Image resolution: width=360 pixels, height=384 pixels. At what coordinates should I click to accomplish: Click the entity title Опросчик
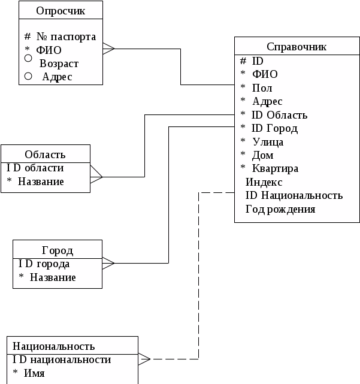pyautogui.click(x=60, y=11)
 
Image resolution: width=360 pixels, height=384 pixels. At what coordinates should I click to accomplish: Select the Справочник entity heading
pyautogui.click(x=297, y=47)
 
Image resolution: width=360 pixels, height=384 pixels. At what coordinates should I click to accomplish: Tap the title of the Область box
pyautogui.click(x=45, y=155)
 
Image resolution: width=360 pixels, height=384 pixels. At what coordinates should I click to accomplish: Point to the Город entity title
pyautogui.click(x=58, y=250)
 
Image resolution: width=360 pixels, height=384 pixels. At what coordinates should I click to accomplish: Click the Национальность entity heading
pyautogui.click(x=54, y=346)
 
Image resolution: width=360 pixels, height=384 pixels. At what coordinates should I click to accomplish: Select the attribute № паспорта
pyautogui.click(x=66, y=37)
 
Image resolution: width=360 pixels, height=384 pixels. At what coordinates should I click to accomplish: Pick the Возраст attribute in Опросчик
pyautogui.click(x=59, y=64)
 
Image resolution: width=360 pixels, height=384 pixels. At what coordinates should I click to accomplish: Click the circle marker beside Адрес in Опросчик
pyautogui.click(x=28, y=76)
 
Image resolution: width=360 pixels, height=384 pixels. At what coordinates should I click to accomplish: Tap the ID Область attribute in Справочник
pyautogui.click(x=279, y=115)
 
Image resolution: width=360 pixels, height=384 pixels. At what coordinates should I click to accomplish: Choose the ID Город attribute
pyautogui.click(x=275, y=129)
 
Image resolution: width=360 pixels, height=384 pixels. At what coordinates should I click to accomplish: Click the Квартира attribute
pyautogui.click(x=276, y=168)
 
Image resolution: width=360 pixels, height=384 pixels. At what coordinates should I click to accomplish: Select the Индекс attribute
pyautogui.click(x=264, y=182)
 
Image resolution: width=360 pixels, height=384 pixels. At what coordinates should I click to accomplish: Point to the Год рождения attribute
pyautogui.click(x=280, y=210)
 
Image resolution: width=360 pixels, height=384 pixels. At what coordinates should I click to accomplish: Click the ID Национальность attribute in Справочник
pyautogui.click(x=294, y=195)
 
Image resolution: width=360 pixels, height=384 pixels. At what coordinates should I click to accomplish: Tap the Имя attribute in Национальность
pyautogui.click(x=34, y=373)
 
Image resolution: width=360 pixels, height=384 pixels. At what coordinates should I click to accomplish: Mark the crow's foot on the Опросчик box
pyautogui.click(x=108, y=49)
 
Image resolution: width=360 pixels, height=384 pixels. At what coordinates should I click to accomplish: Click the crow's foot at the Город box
pyautogui.click(x=108, y=263)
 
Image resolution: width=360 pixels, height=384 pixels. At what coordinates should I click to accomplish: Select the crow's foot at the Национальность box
pyautogui.click(x=144, y=359)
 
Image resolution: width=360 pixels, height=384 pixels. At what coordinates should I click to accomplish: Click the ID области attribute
pyautogui.click(x=35, y=168)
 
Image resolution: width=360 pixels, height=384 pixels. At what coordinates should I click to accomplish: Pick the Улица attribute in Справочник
pyautogui.click(x=268, y=142)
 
